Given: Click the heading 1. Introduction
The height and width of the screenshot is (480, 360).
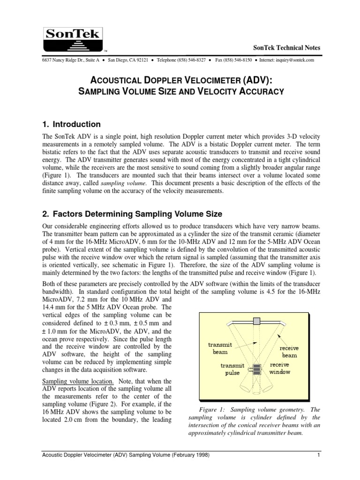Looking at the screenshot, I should [71, 124].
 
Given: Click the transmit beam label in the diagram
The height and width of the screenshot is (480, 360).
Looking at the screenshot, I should [220, 347].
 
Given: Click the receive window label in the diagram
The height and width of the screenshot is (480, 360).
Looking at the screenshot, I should [280, 368].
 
